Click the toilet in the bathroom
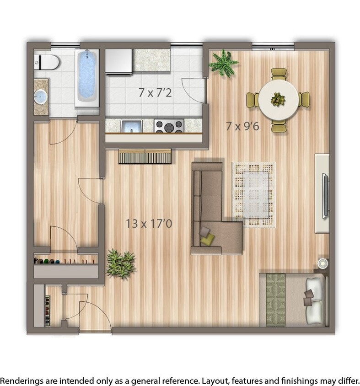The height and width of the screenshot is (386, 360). click(47, 61)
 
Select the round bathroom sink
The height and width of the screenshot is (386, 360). click(41, 96)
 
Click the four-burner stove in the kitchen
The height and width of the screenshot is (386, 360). click(169, 126)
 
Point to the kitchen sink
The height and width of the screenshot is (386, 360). click(130, 126)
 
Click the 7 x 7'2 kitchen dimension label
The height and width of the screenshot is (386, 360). click(155, 92)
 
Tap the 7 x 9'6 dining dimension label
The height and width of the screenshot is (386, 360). click(242, 126)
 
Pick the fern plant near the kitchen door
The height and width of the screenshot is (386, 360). click(223, 63)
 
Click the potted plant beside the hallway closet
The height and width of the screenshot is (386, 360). click(121, 264)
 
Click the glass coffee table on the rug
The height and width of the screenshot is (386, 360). click(256, 192)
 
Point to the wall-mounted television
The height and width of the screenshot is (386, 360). click(326, 195)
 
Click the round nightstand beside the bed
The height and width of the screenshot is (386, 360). click(323, 263)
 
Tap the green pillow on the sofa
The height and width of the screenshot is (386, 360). click(208, 238)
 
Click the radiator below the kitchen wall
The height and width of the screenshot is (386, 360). click(145, 156)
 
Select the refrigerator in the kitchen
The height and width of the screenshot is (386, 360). click(119, 61)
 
